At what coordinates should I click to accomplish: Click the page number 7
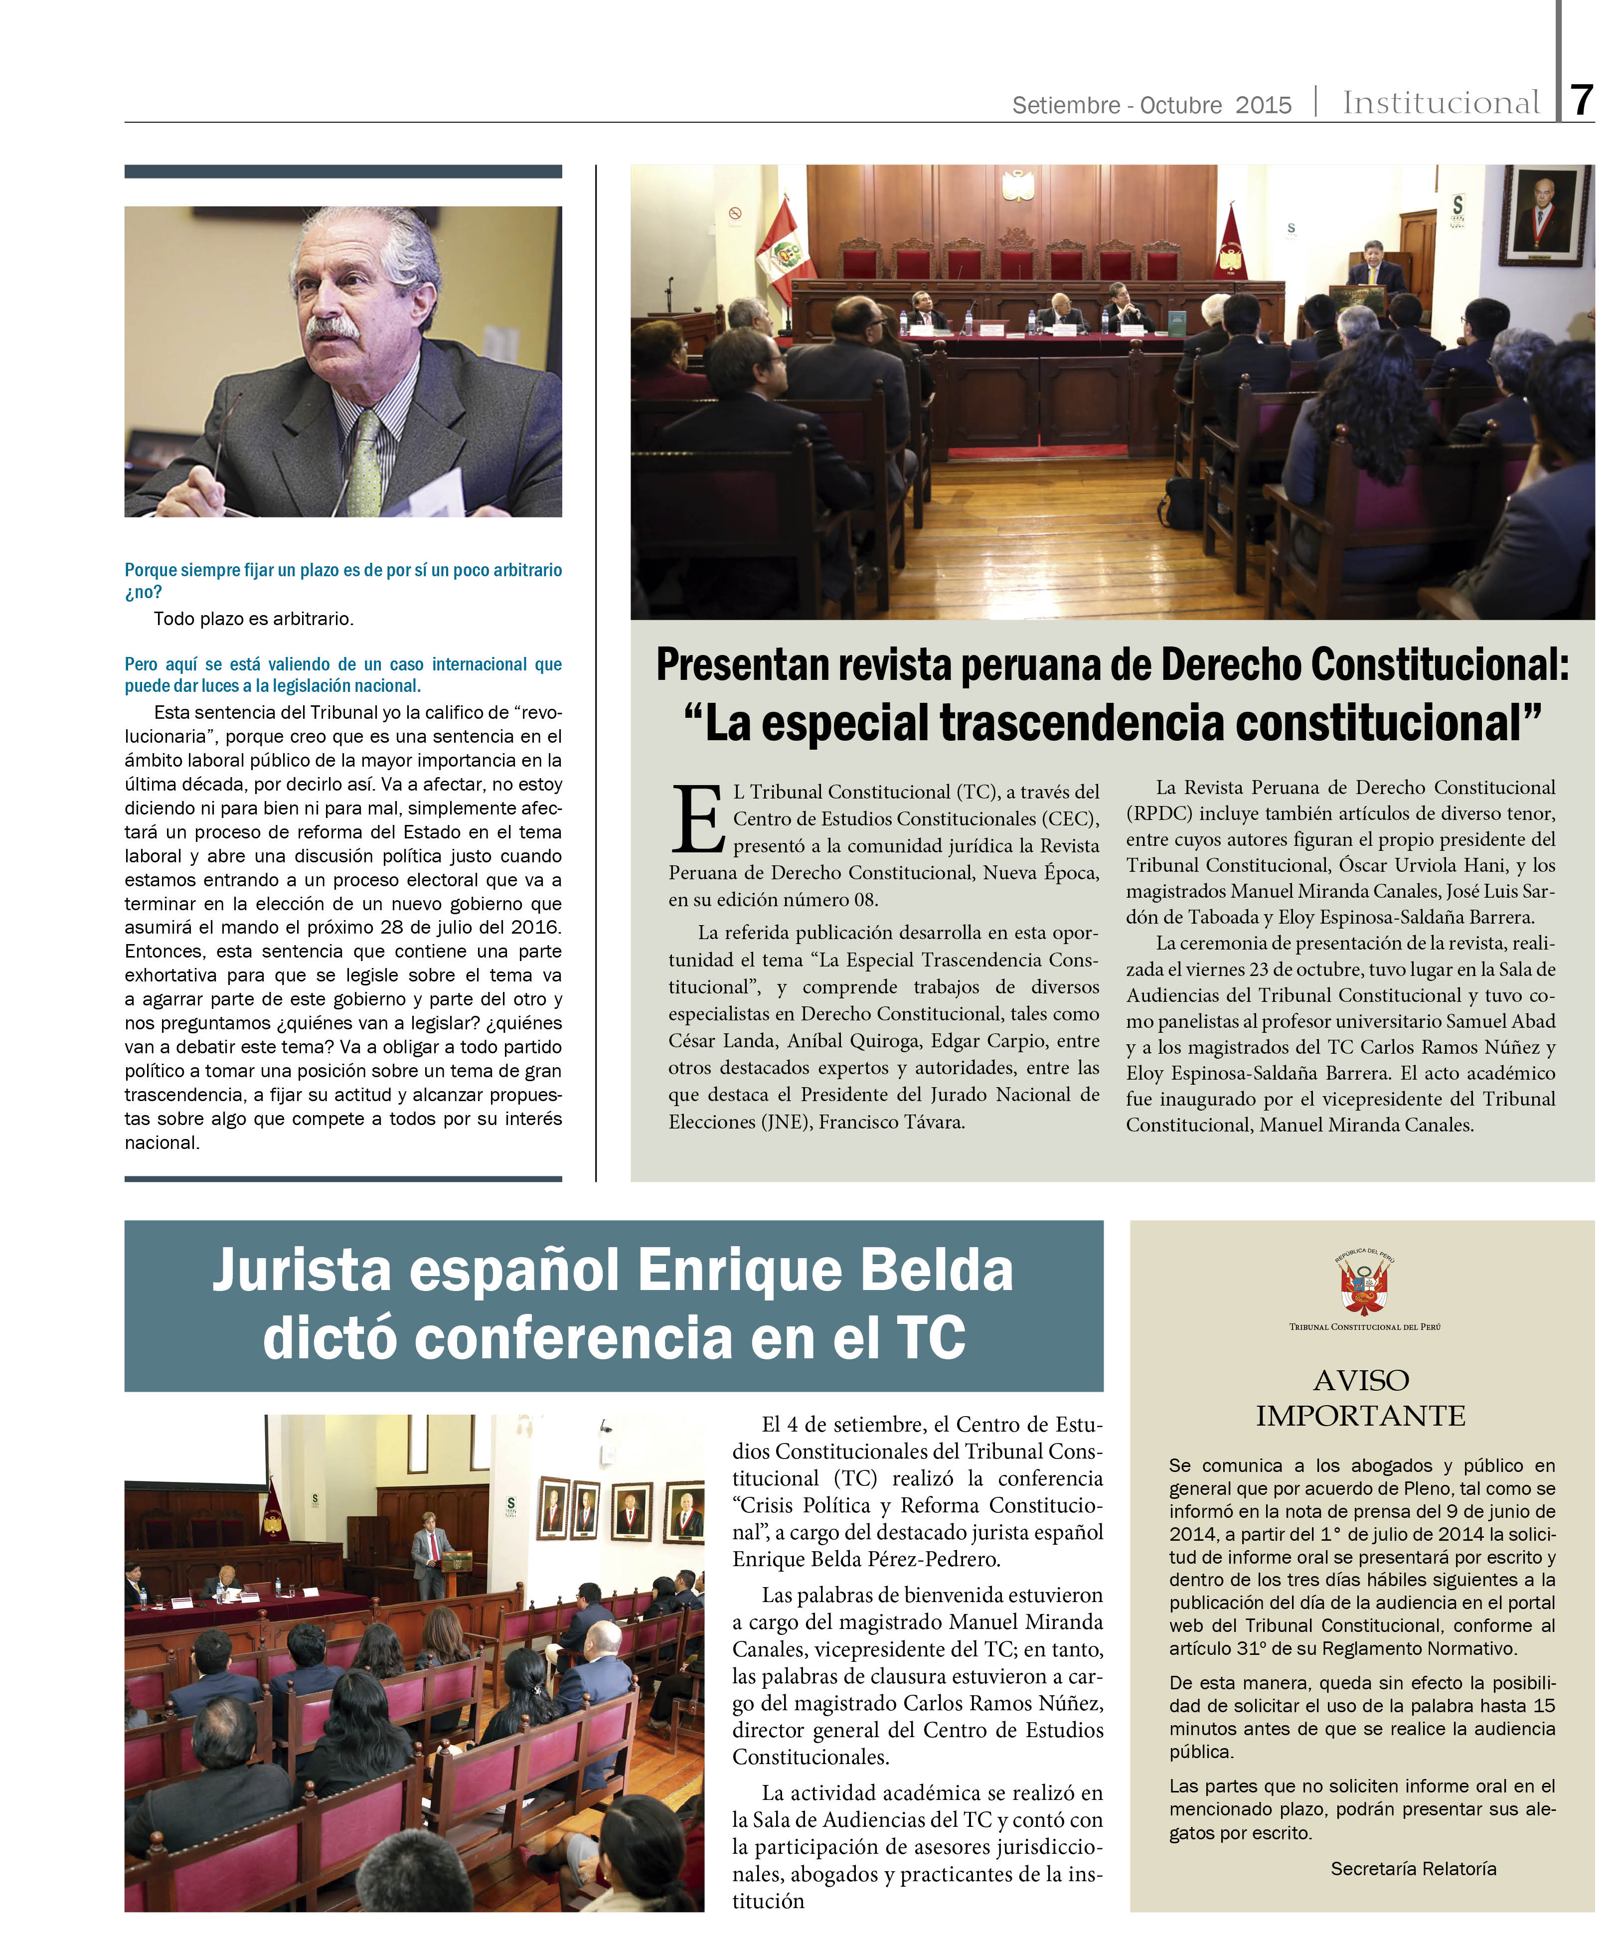[x=1583, y=100]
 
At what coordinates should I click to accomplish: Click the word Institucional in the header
[x=1441, y=103]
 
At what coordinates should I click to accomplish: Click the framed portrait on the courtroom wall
[x=1544, y=215]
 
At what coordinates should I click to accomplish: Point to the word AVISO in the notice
[x=1361, y=1380]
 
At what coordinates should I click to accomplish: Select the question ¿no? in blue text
[x=144, y=592]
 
